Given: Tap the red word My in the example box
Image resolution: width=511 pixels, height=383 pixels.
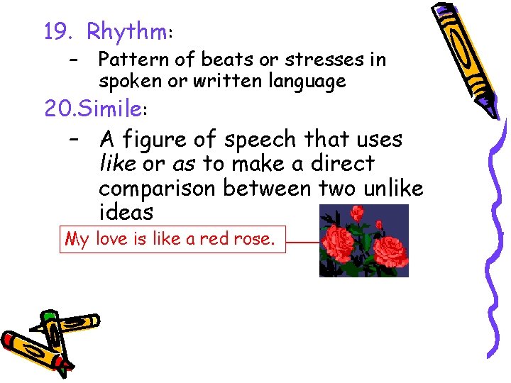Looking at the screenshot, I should (x=77, y=240).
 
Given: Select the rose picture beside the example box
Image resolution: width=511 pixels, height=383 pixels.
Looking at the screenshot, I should (x=363, y=240).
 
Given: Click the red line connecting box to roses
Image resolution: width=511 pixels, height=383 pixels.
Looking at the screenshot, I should (x=302, y=242).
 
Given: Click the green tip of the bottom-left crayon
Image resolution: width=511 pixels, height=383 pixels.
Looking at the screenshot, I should (x=48, y=315).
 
